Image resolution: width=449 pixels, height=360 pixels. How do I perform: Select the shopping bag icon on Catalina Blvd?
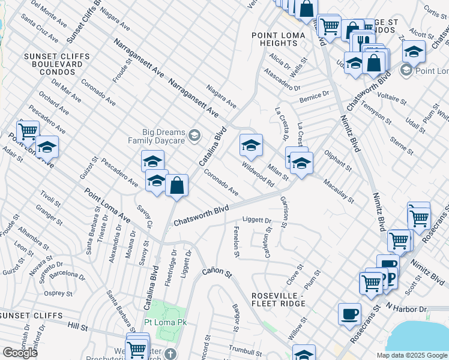tap(177, 185)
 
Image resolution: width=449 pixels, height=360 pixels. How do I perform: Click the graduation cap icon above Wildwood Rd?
tap(251, 145)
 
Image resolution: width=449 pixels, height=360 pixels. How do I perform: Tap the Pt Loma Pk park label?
tap(166, 322)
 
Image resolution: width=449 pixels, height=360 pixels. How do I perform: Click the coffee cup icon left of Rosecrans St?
tap(349, 314)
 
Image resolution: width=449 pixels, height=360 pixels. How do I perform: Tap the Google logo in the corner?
tap(20, 352)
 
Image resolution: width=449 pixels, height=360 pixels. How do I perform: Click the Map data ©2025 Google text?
tap(412, 355)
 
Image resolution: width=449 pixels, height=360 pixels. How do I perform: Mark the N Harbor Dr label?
tap(406, 308)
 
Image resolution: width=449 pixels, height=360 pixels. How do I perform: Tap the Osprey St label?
tap(58, 293)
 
